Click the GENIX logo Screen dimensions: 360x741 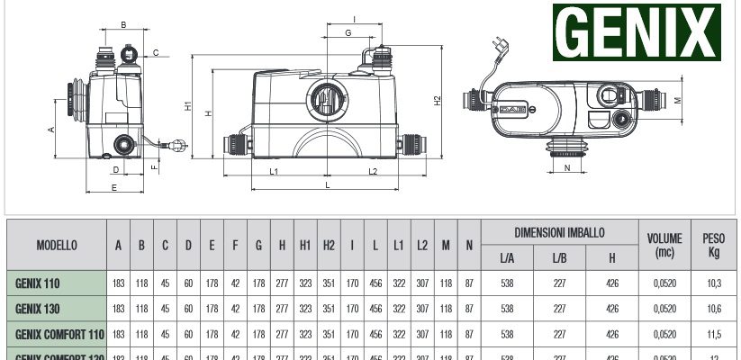tap(637, 32)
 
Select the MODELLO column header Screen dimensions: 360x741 tap(56, 245)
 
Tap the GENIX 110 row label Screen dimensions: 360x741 tap(38, 283)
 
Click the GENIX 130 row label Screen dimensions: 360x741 tap(38, 308)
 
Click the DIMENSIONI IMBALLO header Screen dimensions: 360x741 tap(559, 232)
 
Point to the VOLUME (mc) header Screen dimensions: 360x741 tap(664, 245)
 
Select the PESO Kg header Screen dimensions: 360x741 tap(713, 245)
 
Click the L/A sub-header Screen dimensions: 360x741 tap(507, 258)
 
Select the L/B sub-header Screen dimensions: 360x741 tap(559, 258)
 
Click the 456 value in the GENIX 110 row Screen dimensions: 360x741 tap(375, 283)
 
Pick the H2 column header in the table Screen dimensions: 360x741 tap(329, 245)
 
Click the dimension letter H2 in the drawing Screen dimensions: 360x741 tap(438, 101)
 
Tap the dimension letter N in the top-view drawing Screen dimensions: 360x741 tap(567, 167)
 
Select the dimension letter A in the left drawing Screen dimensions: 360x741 tap(52, 129)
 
